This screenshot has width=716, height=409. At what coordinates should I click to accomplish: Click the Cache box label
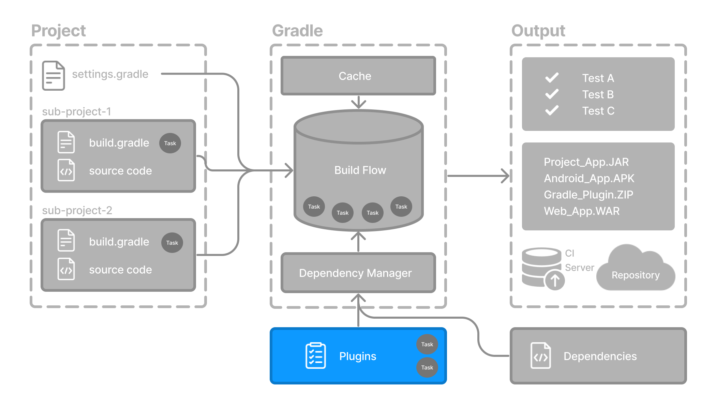pyautogui.click(x=355, y=76)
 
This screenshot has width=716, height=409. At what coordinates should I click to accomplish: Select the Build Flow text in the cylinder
pyautogui.click(x=360, y=170)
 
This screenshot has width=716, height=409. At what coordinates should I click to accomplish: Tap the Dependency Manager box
pyautogui.click(x=355, y=273)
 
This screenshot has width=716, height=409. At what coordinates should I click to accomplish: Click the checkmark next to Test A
pyautogui.click(x=552, y=78)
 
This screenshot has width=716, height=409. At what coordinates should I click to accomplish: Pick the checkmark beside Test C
pyautogui.click(x=552, y=110)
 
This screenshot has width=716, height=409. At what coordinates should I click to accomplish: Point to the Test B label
pyautogui.click(x=598, y=94)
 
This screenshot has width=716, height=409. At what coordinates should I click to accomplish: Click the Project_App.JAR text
pyautogui.click(x=586, y=162)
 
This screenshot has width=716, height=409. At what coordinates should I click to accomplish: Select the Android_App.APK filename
pyautogui.click(x=589, y=178)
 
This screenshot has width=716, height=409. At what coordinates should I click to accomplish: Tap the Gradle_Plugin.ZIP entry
pyautogui.click(x=588, y=195)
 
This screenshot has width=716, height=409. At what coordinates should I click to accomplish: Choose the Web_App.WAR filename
pyautogui.click(x=582, y=211)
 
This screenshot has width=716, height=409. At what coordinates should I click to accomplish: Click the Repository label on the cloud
pyautogui.click(x=636, y=275)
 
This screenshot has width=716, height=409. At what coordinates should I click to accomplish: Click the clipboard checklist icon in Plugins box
pyautogui.click(x=315, y=355)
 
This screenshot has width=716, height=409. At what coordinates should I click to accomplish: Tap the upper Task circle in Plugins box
pyautogui.click(x=427, y=344)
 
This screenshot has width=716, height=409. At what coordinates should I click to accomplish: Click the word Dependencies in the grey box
pyautogui.click(x=600, y=356)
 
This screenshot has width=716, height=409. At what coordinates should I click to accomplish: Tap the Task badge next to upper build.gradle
pyautogui.click(x=170, y=143)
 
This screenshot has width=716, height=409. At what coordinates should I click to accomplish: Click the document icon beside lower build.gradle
pyautogui.click(x=66, y=241)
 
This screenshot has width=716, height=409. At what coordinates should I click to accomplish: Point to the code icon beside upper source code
pyautogui.click(x=66, y=170)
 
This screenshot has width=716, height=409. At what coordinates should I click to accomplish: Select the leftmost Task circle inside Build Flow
pyautogui.click(x=314, y=207)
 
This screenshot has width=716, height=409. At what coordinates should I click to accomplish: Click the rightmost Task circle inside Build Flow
pyautogui.click(x=401, y=207)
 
